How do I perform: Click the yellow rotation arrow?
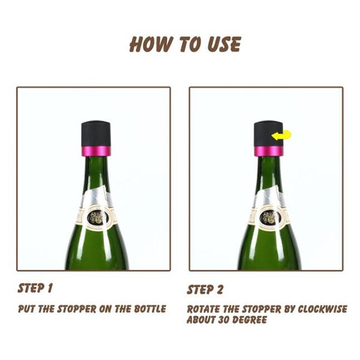281,135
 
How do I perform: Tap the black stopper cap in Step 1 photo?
96,133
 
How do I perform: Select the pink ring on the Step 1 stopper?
96,151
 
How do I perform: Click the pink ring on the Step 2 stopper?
268,151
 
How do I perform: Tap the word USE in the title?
224,44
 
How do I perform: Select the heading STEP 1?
35,288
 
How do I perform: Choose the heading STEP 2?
205,289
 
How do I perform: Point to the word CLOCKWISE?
323,309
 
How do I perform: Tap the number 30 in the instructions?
224,319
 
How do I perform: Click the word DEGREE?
250,319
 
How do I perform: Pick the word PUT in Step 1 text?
26,309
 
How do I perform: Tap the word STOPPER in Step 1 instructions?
76,309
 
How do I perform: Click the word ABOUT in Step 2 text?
202,319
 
